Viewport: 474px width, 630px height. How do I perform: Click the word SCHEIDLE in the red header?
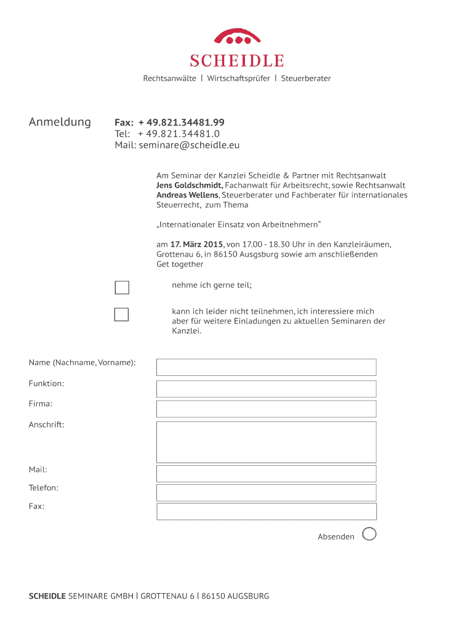pos(237,60)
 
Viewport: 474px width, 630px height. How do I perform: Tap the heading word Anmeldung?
pos(60,122)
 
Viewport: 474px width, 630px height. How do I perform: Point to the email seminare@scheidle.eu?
pos(189,145)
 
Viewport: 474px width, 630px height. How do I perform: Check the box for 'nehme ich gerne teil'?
pos(122,288)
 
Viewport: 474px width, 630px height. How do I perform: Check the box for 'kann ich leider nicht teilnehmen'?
pos(122,314)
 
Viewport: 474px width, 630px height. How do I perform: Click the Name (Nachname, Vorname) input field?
pos(266,367)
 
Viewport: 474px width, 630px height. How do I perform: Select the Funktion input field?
pos(266,389)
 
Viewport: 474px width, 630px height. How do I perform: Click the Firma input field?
pos(266,409)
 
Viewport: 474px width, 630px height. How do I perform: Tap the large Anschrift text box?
pos(266,442)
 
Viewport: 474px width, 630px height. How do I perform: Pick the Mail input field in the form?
pos(266,474)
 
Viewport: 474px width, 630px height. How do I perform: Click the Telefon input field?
pos(266,493)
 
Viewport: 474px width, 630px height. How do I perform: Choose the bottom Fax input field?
pos(266,511)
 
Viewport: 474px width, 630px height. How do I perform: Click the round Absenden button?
pos(369,534)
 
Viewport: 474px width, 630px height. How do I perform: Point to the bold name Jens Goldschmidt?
pos(190,185)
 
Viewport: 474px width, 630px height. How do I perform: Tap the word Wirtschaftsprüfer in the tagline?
pos(238,79)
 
